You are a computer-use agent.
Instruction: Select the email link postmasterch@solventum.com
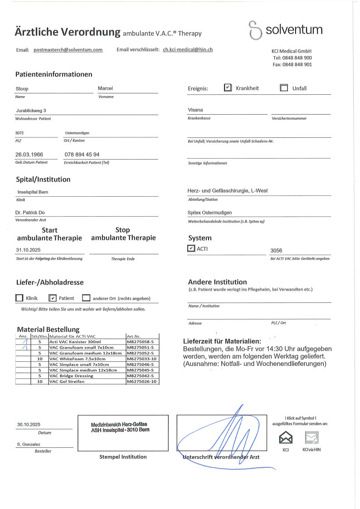[68, 49]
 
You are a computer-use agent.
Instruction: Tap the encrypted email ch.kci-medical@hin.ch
[188, 49]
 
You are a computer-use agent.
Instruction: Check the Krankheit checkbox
[228, 88]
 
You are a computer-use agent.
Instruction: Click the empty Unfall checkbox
[284, 88]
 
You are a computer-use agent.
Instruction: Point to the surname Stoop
[22, 89]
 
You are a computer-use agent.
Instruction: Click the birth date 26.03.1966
[29, 155]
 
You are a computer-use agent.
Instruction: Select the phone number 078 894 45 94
[82, 155]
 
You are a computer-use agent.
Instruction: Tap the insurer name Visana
[195, 110]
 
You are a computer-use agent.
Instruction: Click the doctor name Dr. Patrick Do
[30, 213]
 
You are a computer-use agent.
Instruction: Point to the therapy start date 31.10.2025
[28, 250]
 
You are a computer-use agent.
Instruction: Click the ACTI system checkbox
[191, 248]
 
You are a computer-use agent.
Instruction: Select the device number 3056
[276, 250]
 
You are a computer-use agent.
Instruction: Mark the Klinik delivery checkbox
[19, 298]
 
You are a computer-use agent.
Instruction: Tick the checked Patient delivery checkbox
[52, 298]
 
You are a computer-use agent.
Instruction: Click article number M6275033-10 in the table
[141, 358]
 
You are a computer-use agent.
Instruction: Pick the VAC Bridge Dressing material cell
[71, 376]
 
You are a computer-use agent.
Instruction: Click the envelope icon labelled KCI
[286, 438]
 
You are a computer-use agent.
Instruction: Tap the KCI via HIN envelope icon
[311, 438]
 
